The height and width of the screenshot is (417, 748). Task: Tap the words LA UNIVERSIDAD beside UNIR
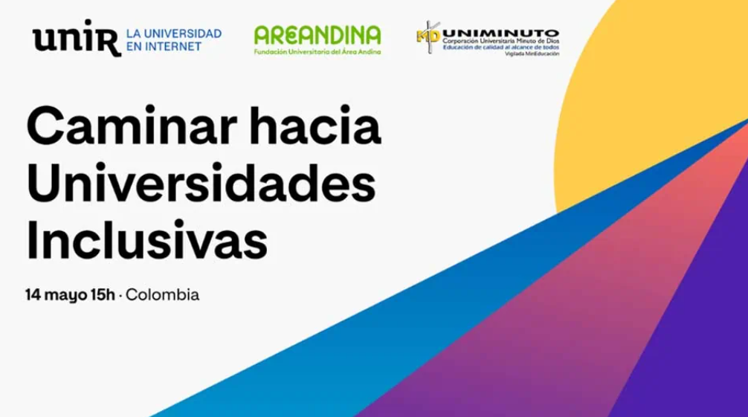tap(173, 34)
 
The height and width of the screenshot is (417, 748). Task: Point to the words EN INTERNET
tap(164, 47)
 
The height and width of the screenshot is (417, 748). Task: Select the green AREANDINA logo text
tap(317, 34)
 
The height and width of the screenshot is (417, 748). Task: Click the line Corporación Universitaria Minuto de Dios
tap(509, 42)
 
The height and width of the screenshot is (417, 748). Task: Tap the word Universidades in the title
tap(201, 184)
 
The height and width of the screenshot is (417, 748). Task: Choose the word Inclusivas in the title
tap(146, 239)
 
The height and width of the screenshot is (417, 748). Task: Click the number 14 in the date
tap(32, 294)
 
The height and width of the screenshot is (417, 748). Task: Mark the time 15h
tap(103, 294)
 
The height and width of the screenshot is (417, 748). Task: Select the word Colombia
tap(163, 294)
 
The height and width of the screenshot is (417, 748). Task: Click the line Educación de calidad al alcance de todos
tap(509, 48)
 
